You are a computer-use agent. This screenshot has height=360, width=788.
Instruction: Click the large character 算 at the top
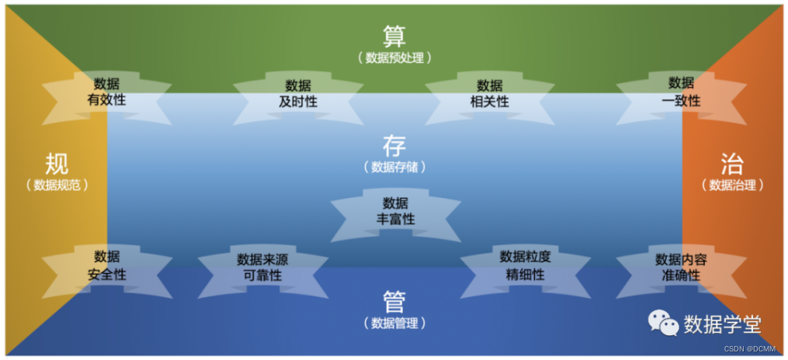coord(394,36)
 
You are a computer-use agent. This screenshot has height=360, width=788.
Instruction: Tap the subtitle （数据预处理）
coord(394,57)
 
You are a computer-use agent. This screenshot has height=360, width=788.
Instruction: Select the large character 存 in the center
coord(394,145)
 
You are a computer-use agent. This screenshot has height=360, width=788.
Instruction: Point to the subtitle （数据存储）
coord(394,167)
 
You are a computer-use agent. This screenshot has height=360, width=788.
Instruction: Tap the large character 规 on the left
coord(57,164)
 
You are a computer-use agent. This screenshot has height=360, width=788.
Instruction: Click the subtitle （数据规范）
coord(57,185)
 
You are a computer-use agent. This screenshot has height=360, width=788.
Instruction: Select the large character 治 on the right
coord(732,164)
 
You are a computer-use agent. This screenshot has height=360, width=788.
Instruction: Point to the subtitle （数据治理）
coord(732,185)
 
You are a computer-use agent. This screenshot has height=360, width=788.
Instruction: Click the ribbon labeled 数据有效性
coord(106,92)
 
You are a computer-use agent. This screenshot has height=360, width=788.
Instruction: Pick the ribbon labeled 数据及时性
coord(298,94)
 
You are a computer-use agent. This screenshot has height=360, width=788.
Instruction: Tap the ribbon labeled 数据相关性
coord(490,94)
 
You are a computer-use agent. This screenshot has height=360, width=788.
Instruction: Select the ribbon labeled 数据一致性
coord(681,92)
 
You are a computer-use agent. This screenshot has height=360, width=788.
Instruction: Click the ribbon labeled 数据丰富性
coord(395,211)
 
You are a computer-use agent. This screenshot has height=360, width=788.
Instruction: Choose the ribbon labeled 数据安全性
coord(106,266)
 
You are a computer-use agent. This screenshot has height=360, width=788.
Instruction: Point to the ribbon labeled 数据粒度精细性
coord(526,266)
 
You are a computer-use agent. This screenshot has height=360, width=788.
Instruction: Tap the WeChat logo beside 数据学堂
coord(664,323)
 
